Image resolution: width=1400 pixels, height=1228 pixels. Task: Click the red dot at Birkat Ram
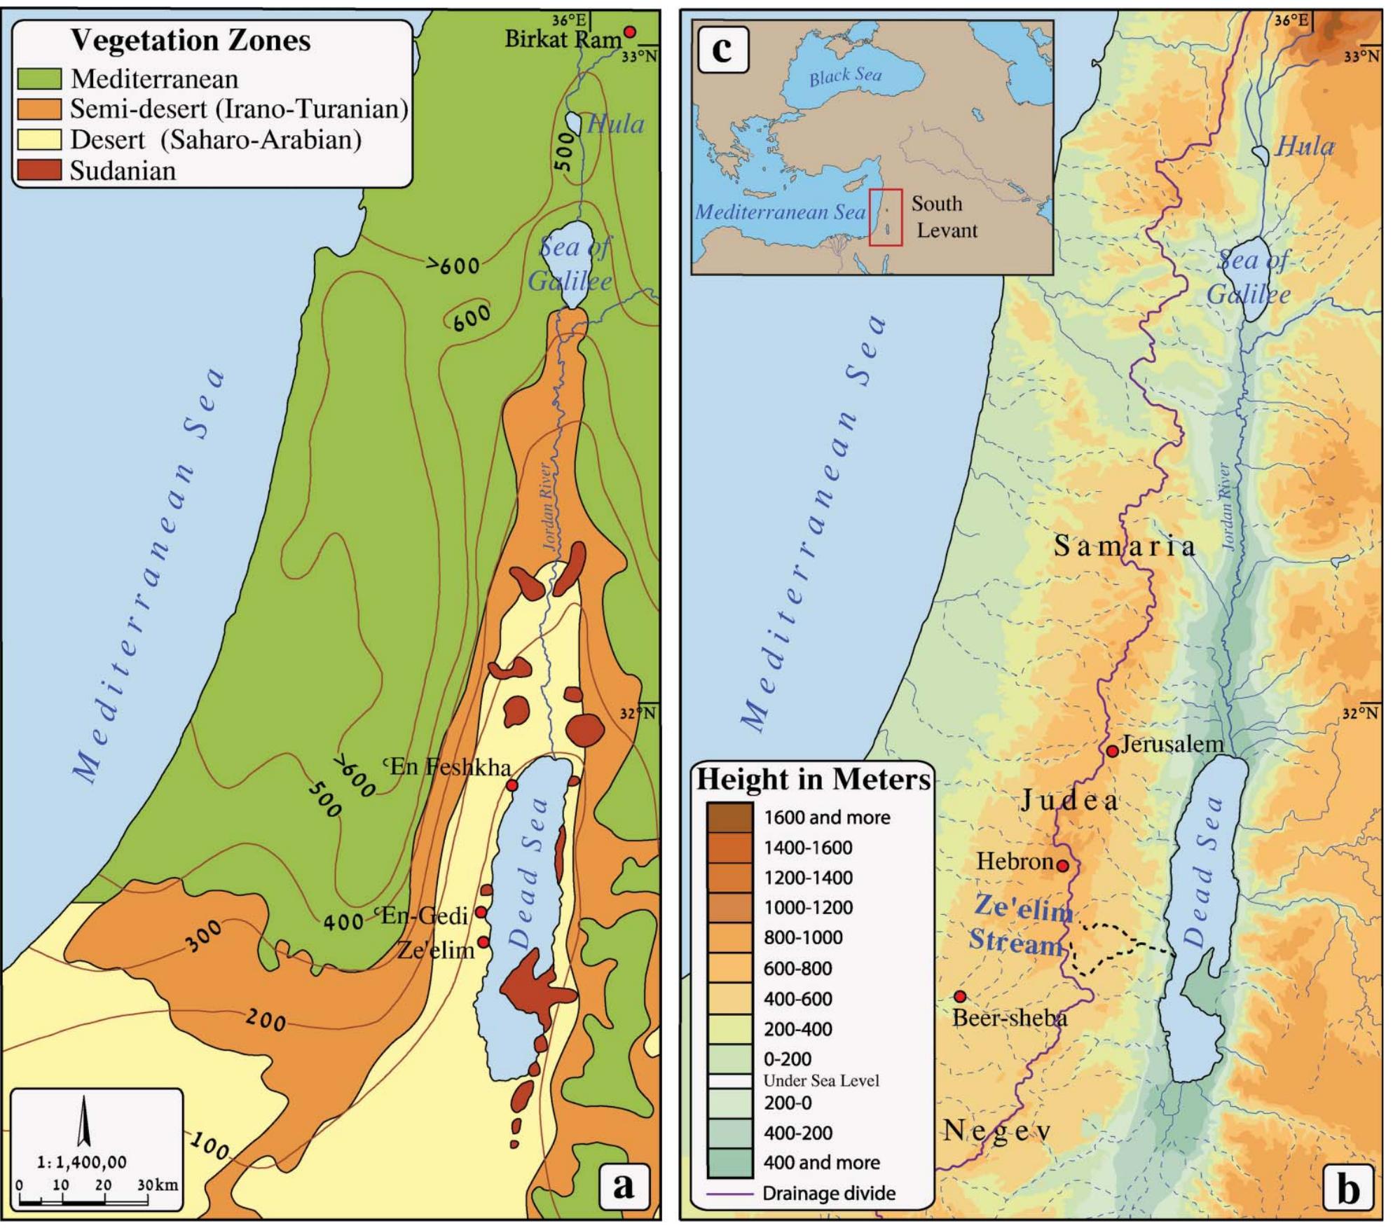[630, 32]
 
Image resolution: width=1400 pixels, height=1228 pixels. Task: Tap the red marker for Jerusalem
[1112, 751]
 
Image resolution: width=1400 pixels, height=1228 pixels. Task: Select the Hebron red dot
[1062, 866]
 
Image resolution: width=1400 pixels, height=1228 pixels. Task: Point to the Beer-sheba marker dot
[960, 996]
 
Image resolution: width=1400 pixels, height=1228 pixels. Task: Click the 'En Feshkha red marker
[512, 785]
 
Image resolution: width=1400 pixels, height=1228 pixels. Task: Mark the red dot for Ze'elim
[483, 941]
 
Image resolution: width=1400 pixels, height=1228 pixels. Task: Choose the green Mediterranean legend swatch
[39, 79]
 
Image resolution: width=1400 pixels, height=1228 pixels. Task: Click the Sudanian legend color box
[39, 171]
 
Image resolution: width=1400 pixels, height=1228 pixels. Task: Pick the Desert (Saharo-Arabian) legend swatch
[39, 140]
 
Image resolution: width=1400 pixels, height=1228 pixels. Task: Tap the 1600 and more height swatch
[729, 817]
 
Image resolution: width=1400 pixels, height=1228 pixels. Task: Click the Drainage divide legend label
[829, 1193]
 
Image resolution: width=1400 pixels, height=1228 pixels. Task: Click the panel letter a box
[623, 1185]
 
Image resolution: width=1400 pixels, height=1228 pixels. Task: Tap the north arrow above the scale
[84, 1120]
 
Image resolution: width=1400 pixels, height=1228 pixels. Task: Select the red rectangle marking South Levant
[886, 217]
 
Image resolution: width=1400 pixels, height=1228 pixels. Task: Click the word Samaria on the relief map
[1125, 546]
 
